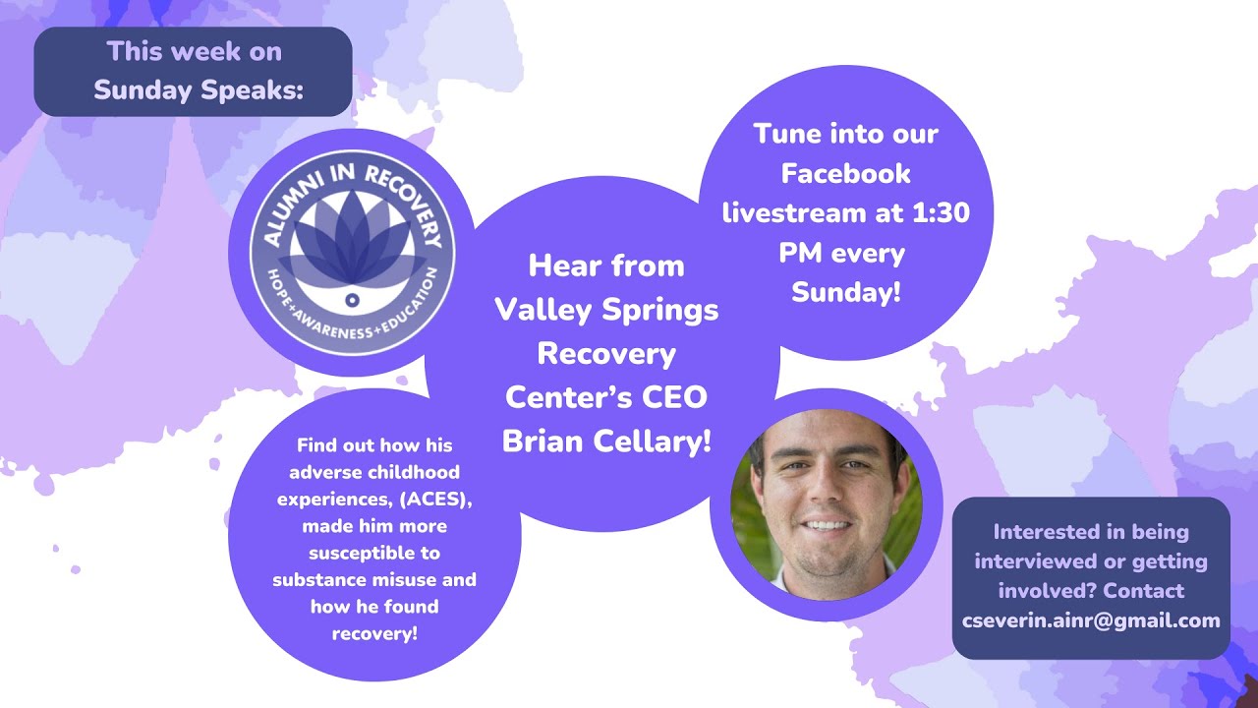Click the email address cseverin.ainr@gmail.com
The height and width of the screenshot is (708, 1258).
click(1091, 620)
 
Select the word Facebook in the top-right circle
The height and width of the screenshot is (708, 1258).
click(845, 173)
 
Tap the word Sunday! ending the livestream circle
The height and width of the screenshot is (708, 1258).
click(845, 292)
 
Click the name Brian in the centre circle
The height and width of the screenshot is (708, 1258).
click(548, 442)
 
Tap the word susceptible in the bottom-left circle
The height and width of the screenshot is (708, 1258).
click(373, 553)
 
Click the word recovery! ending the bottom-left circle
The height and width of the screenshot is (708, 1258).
click(374, 633)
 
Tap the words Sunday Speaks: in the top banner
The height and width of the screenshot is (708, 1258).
click(200, 89)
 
